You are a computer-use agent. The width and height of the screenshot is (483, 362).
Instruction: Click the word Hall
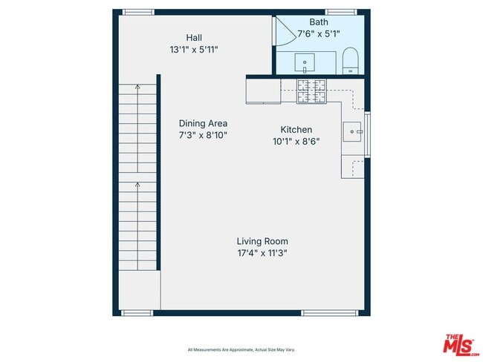tap(194, 37)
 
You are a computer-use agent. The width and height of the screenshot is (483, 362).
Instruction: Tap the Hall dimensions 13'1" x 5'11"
tap(193, 50)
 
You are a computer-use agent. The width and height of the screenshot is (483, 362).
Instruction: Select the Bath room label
tap(308, 22)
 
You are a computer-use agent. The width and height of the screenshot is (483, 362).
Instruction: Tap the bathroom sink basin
tap(305, 60)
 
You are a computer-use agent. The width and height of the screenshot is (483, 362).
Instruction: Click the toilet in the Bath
tap(351, 59)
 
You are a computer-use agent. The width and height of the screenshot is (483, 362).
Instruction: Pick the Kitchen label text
tap(296, 129)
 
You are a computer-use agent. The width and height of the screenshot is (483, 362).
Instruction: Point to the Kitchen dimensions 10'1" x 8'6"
tap(296, 142)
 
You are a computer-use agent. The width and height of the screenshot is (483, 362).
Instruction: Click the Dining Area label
tap(203, 123)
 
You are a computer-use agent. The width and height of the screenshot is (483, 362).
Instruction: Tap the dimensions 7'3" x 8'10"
tap(203, 136)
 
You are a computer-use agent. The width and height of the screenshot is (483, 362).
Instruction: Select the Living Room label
tap(262, 241)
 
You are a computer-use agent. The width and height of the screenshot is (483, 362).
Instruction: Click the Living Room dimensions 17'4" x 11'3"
tap(262, 253)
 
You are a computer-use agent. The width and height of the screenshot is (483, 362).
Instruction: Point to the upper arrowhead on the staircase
tap(137, 87)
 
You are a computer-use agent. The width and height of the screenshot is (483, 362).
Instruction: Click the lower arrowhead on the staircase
tap(137, 183)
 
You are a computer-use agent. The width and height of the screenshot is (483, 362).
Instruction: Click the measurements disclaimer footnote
tap(241, 349)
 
